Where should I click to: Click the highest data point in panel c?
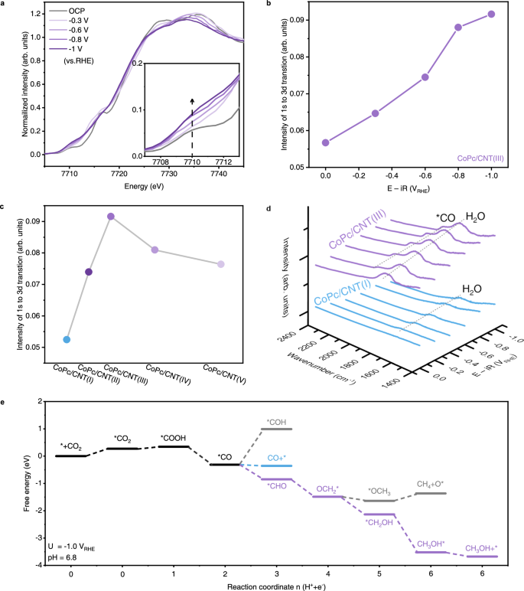(x=111, y=217)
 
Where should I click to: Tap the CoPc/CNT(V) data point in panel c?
(x=221, y=264)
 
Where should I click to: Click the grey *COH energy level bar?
(x=276, y=429)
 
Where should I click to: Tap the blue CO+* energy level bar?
(x=276, y=465)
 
